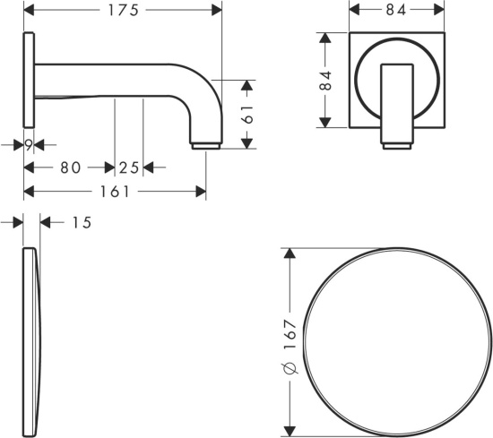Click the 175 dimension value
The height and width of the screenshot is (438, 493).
pos(124,11)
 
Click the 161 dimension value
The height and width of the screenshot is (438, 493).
pos(115,192)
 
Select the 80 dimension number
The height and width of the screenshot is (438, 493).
pos(71,167)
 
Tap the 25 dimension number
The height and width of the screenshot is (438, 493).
pos(129,167)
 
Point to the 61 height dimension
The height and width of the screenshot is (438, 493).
pos(247,114)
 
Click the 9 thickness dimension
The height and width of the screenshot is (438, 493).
pos(29,145)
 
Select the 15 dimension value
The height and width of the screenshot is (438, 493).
pos(82,222)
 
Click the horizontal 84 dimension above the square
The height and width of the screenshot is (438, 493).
pos(396,11)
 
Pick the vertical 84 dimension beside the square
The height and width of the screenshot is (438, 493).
pos(325,81)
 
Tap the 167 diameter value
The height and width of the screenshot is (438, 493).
pos(290,334)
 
